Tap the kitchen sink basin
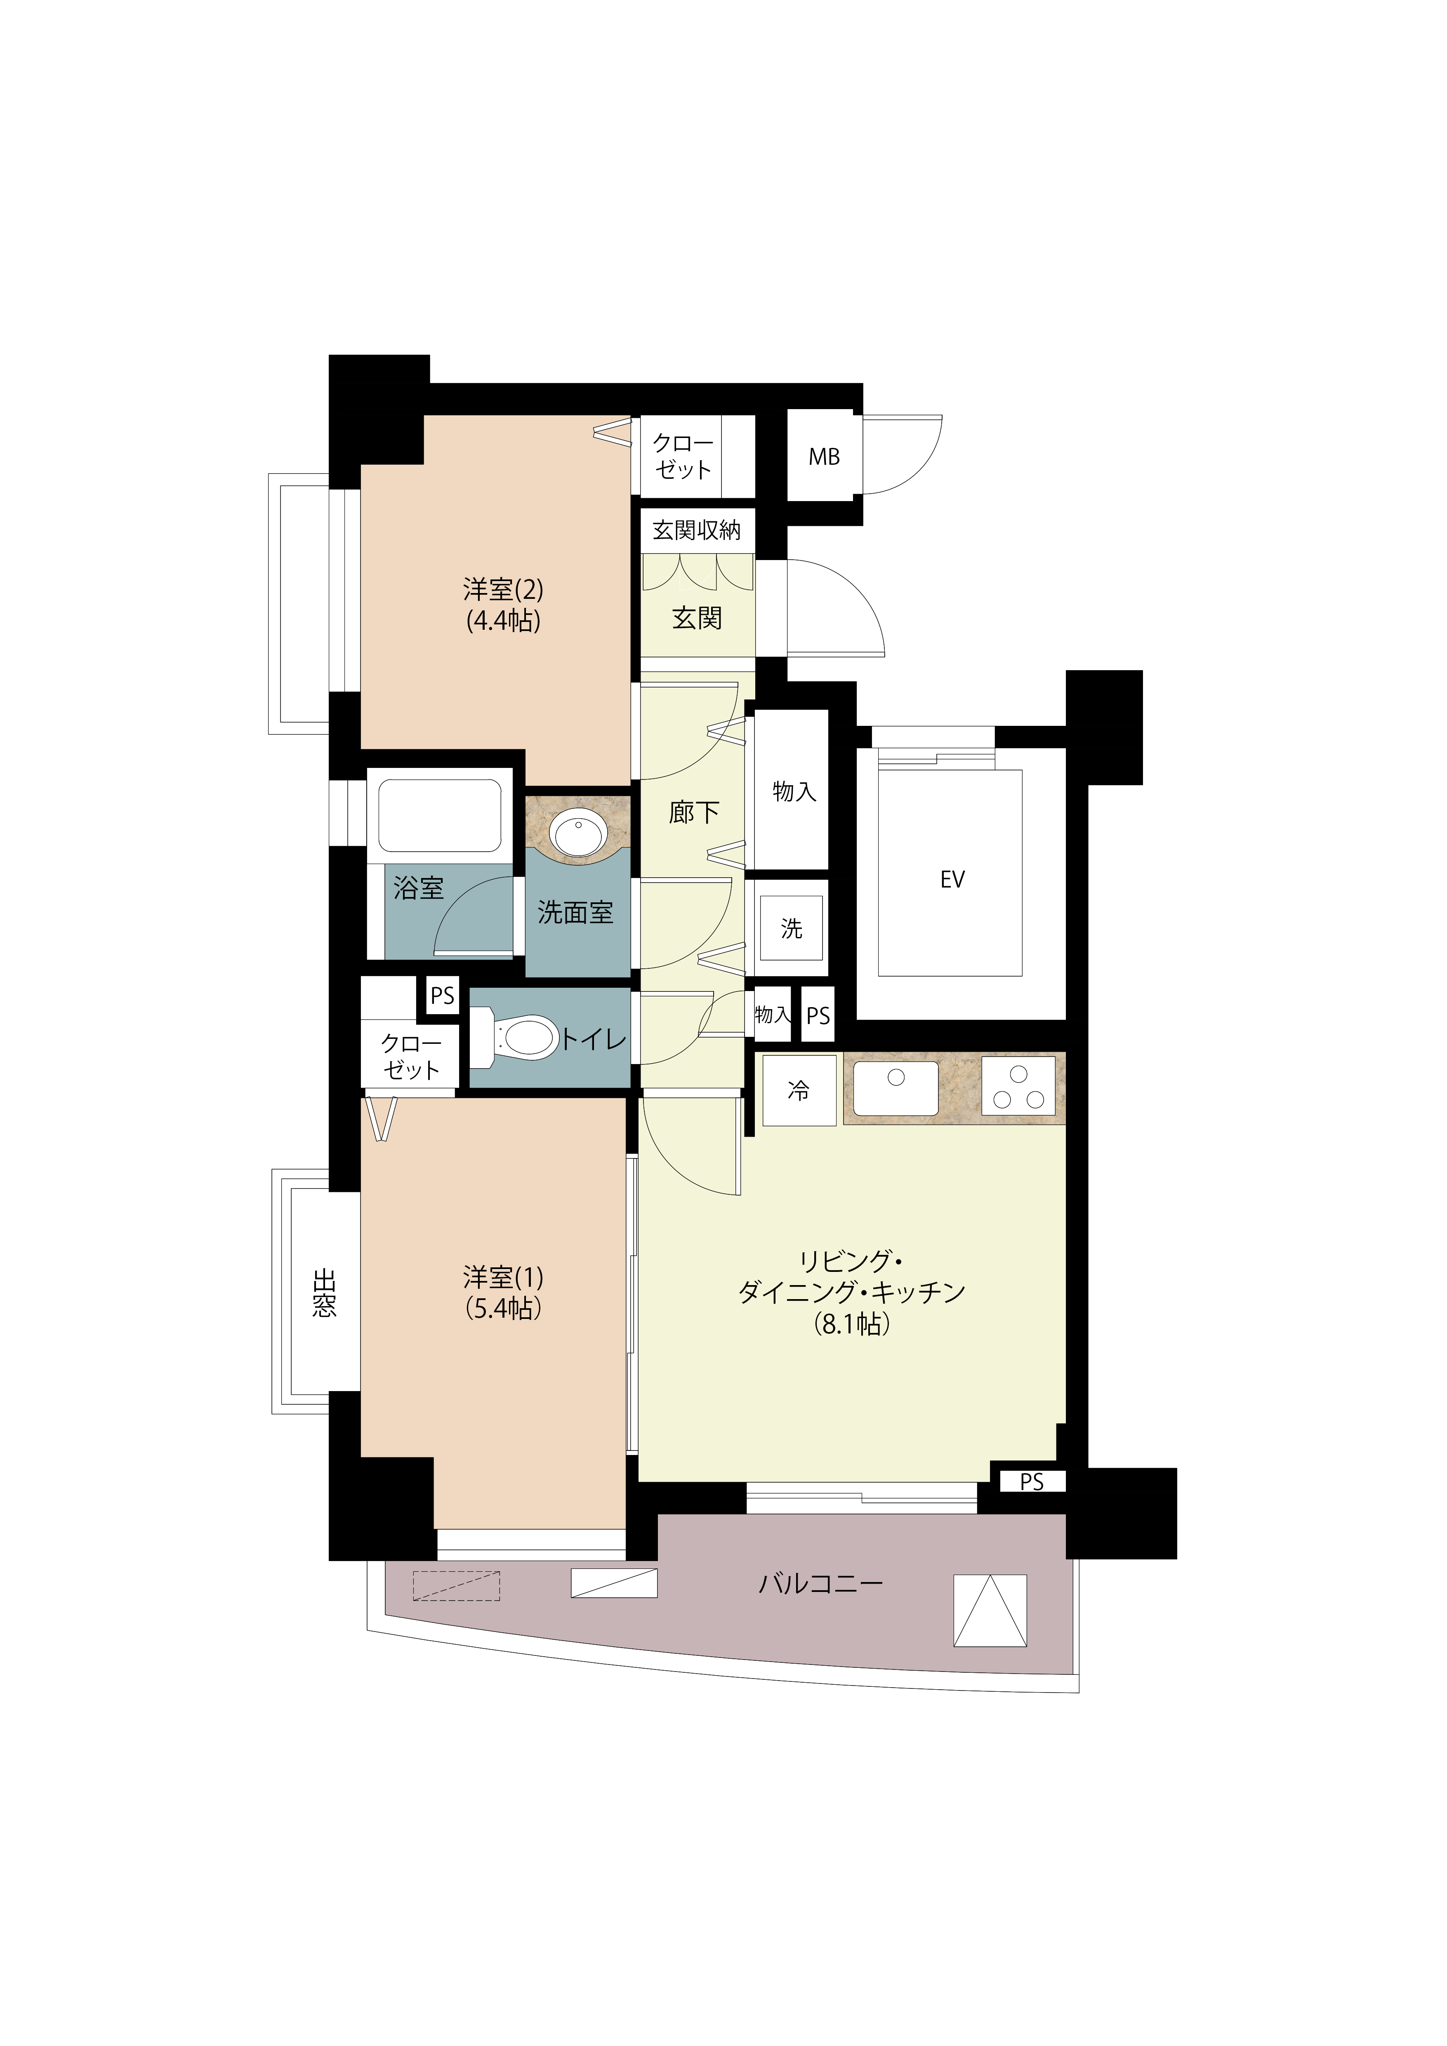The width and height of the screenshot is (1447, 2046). pyautogui.click(x=896, y=1088)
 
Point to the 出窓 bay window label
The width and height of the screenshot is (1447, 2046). pyautogui.click(x=324, y=1293)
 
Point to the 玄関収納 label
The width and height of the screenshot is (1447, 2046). pyautogui.click(x=697, y=530)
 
